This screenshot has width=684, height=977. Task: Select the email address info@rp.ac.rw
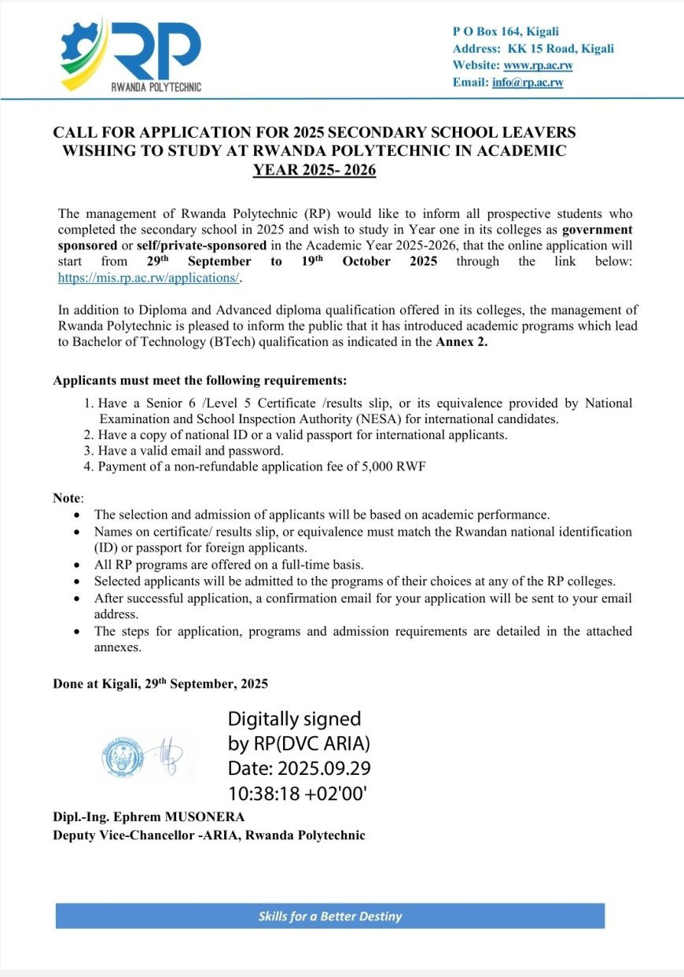(528, 83)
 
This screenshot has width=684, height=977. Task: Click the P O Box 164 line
(506, 31)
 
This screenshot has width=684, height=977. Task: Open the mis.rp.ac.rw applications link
(149, 278)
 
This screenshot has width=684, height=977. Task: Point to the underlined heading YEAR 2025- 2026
(314, 168)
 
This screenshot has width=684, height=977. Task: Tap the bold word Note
(67, 498)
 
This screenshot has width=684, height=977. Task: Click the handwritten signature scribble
(169, 754)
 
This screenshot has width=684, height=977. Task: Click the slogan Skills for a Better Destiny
(330, 916)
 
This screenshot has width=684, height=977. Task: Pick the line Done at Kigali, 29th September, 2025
(160, 684)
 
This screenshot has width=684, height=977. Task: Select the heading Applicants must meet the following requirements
(200, 381)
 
